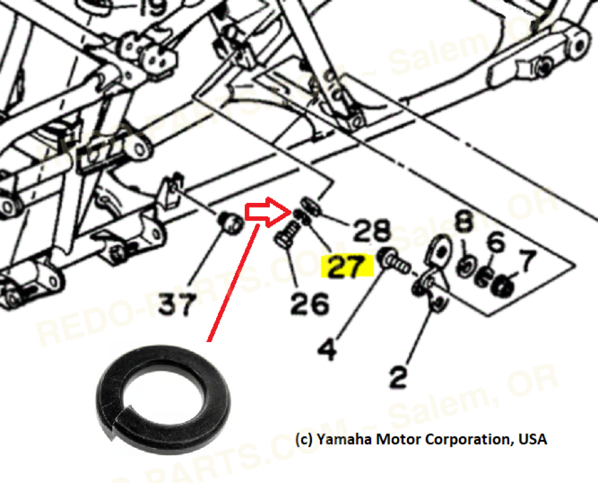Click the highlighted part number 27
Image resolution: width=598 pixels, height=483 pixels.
[x=349, y=267]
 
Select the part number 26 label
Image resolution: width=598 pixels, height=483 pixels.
[x=310, y=303]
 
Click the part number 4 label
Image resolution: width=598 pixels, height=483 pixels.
[x=328, y=349]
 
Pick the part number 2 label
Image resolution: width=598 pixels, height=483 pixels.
[x=398, y=378]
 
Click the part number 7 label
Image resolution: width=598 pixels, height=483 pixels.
[x=529, y=261]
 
